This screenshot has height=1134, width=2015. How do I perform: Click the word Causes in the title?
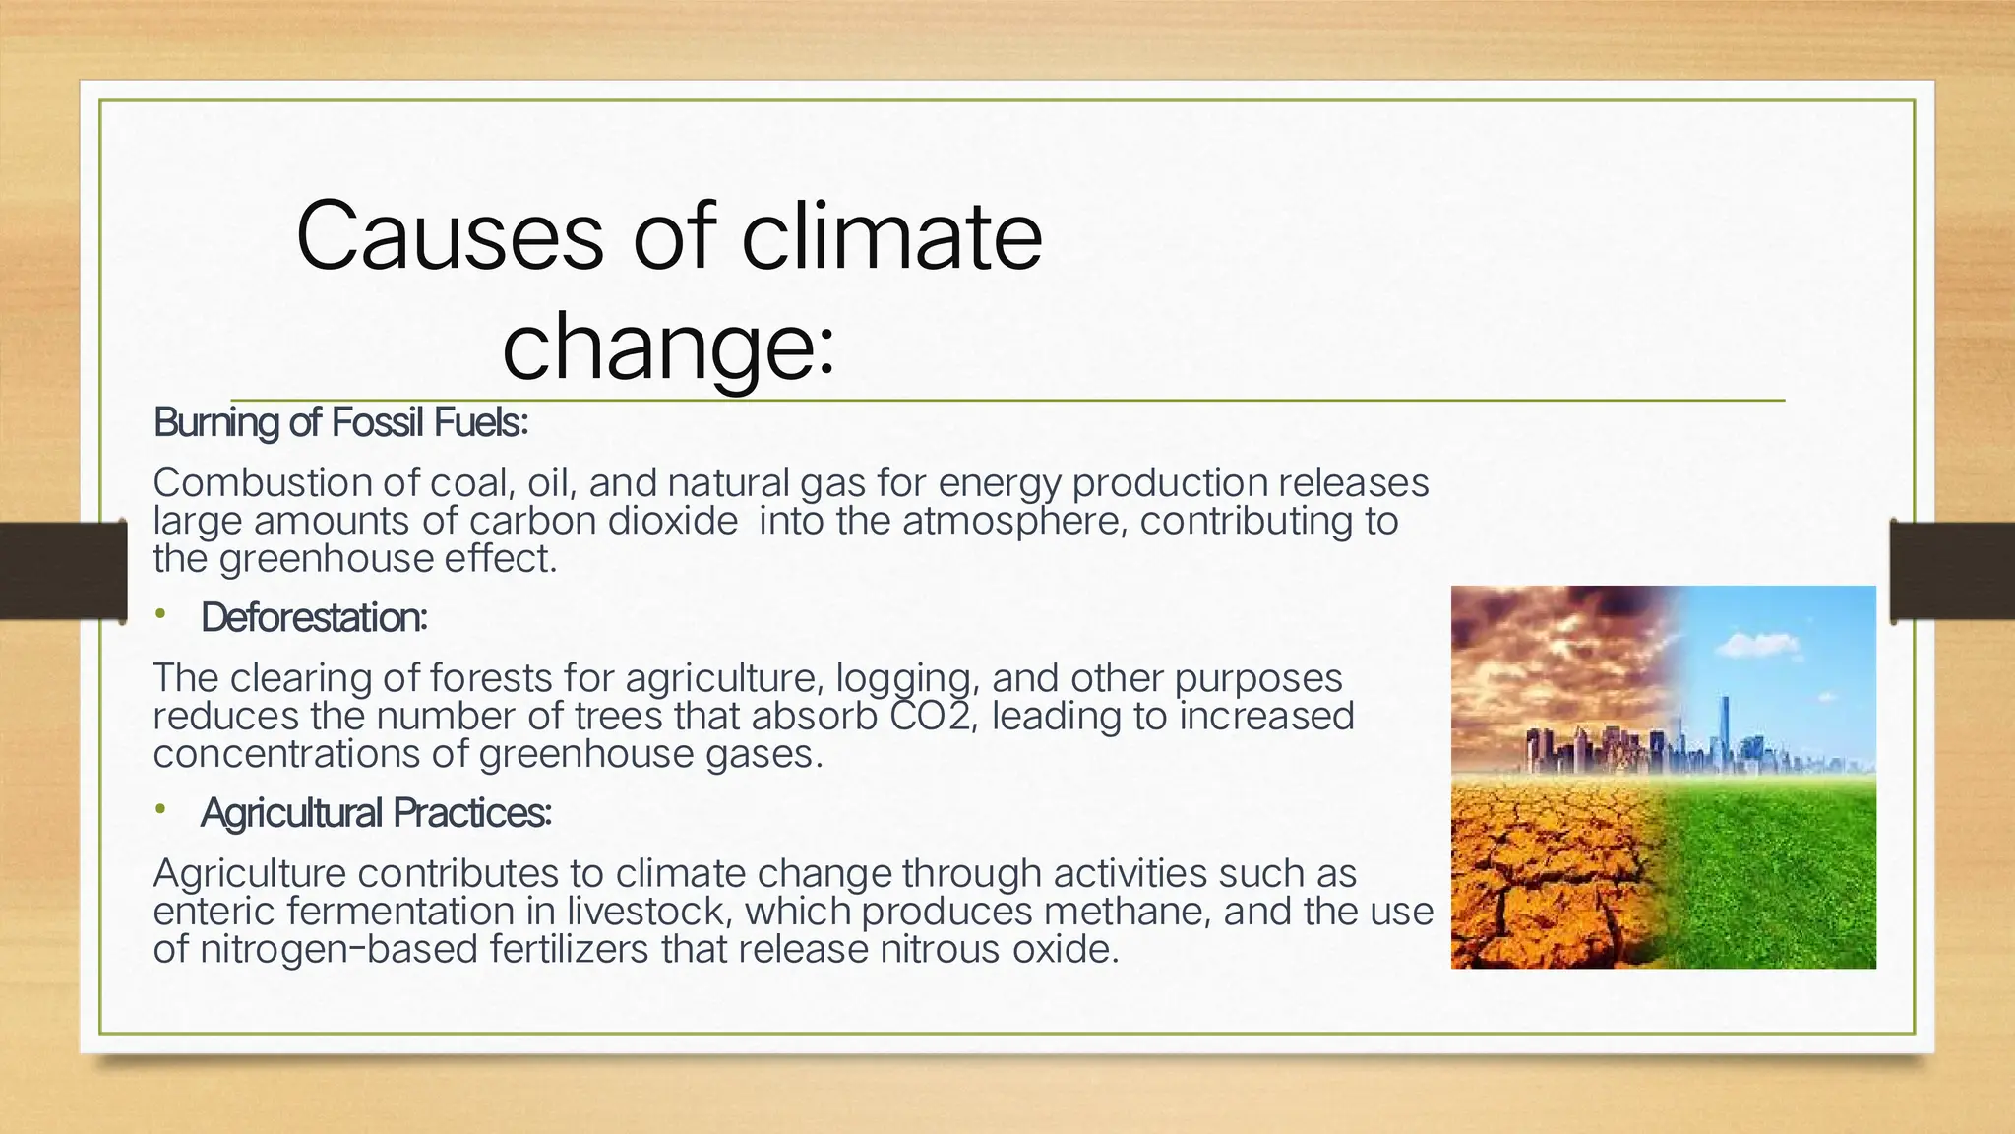[x=449, y=236]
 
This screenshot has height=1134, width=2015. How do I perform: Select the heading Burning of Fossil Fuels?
[x=340, y=423]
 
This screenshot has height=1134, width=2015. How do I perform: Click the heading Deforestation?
[x=314, y=618]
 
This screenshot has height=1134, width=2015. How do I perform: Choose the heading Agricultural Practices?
[x=376, y=813]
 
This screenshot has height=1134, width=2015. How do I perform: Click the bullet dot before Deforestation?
[x=160, y=615]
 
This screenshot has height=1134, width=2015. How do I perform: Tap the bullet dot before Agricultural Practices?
[x=160, y=810]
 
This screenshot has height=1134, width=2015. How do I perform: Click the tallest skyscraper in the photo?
[x=1725, y=728]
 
